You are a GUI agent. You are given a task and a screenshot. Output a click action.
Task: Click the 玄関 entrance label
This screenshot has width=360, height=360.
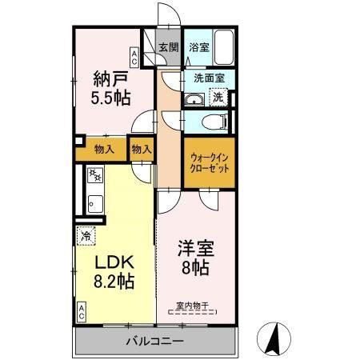click(x=167, y=47)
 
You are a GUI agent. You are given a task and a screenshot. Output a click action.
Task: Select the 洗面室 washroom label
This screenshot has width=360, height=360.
click(x=208, y=78)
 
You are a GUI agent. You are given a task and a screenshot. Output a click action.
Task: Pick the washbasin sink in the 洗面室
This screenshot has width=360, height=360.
click(x=194, y=98)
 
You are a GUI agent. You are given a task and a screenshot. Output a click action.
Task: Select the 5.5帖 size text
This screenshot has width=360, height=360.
click(x=106, y=100)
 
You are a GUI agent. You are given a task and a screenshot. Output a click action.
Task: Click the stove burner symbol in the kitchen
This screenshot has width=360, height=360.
click(x=94, y=176)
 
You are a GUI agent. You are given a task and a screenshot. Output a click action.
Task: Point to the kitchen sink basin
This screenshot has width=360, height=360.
click(x=94, y=202)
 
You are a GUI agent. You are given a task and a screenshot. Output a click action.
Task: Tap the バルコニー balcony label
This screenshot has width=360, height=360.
click(x=154, y=342)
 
